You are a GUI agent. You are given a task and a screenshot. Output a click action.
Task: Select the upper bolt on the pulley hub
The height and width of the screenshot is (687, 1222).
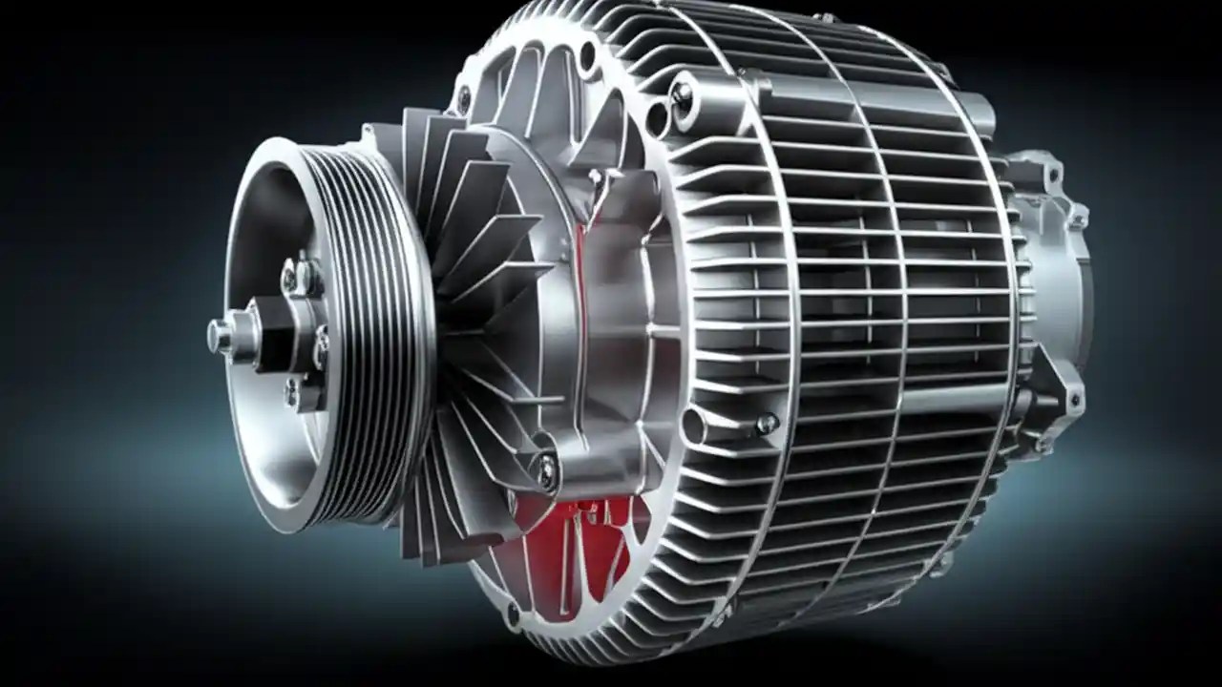[x=304, y=276]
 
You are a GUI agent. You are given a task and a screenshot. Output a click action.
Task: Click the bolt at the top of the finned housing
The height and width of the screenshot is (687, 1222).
[x=682, y=93]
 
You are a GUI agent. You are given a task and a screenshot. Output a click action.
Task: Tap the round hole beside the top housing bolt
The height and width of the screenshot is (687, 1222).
[x=657, y=118]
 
